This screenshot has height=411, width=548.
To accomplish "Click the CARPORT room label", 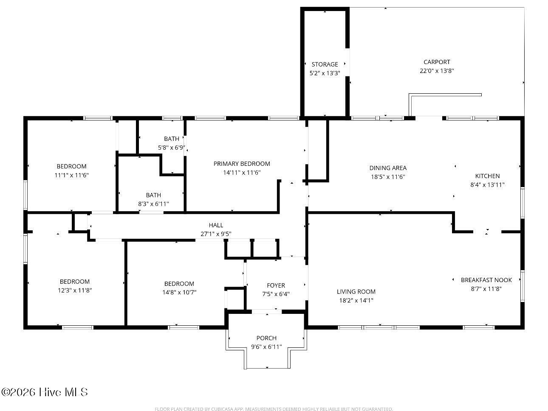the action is (x=437, y=62).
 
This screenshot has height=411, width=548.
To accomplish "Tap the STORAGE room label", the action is (x=325, y=64).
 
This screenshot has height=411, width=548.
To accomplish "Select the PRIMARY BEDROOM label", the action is (x=241, y=164).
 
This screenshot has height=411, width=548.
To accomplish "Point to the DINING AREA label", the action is (x=388, y=168).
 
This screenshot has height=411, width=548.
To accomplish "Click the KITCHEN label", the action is (x=487, y=176).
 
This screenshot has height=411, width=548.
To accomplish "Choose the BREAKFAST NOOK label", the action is (x=486, y=280).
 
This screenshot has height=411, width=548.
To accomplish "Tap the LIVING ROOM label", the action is (x=356, y=292).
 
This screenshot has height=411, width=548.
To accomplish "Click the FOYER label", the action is (x=276, y=285).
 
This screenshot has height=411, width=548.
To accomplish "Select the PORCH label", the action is (x=266, y=338).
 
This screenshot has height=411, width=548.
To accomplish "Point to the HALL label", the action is (x=216, y=225).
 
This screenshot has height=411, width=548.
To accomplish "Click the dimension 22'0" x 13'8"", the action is (x=437, y=71).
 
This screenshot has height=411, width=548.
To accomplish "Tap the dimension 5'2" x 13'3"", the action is (x=325, y=73).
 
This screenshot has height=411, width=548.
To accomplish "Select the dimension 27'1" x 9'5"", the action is (x=216, y=234).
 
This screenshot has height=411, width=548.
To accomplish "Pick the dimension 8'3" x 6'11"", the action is (x=153, y=204).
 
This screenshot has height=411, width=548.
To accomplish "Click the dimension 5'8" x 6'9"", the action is (x=172, y=148).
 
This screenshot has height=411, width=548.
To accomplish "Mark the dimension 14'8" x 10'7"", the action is (x=179, y=292).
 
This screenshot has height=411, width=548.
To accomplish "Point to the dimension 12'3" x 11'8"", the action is (x=75, y=291).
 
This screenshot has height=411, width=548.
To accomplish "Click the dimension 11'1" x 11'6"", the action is (x=71, y=175).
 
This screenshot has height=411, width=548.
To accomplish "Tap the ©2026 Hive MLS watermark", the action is (x=45, y=392).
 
